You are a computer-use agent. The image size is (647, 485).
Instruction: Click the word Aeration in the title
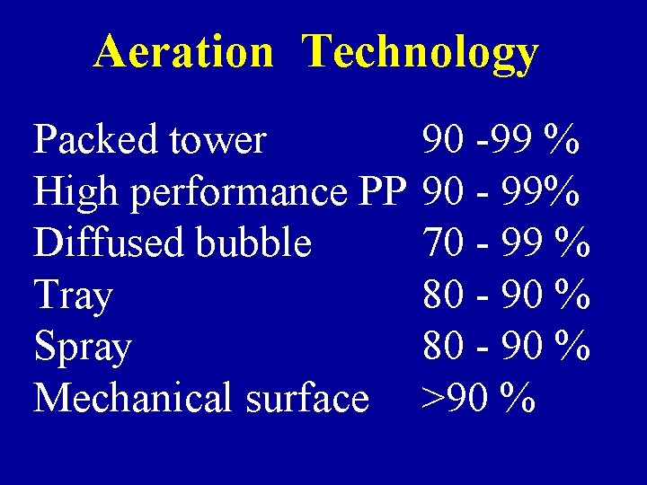(x=183, y=52)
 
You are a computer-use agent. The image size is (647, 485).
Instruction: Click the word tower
(x=222, y=141)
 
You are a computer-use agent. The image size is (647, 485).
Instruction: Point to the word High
(x=76, y=192)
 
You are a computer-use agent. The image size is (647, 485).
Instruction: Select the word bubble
(x=261, y=242)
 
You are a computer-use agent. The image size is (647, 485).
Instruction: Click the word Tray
(x=73, y=295)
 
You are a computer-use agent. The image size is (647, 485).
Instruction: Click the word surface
(x=313, y=398)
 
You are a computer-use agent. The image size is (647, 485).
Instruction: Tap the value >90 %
(x=479, y=398)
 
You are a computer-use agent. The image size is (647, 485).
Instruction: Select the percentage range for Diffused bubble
(x=506, y=242)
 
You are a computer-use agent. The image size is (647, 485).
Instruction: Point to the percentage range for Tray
(x=506, y=295)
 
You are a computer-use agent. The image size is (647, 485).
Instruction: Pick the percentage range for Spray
(x=506, y=346)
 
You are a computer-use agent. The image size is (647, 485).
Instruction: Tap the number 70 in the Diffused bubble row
(x=443, y=242)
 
